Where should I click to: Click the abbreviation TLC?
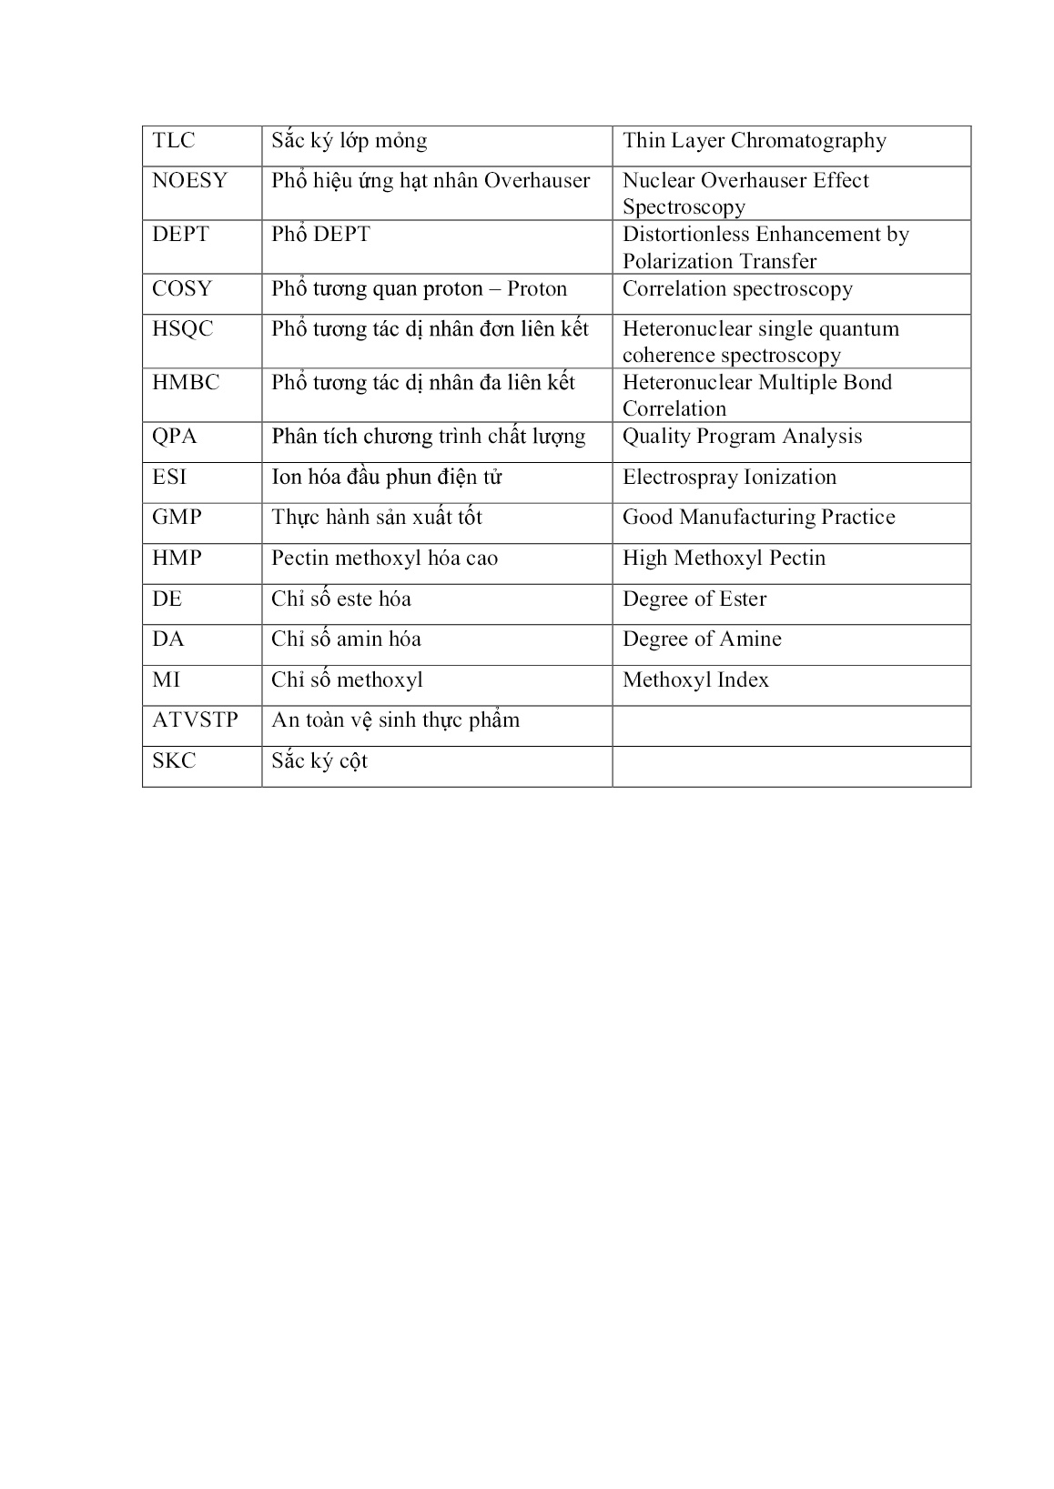pyautogui.click(x=174, y=141)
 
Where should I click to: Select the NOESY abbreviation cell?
pyautogui.click(x=189, y=181)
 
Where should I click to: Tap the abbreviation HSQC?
pyautogui.click(x=182, y=329)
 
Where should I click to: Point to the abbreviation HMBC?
pyautogui.click(x=186, y=383)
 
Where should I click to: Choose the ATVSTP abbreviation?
pyautogui.click(x=195, y=720)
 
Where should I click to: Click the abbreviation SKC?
pyautogui.click(x=174, y=761)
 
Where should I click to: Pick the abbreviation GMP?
pyautogui.click(x=177, y=518)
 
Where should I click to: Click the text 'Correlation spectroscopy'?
pyautogui.click(x=737, y=289)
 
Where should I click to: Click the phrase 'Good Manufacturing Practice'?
pyautogui.click(x=758, y=518)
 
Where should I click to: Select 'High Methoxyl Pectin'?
pyautogui.click(x=724, y=558)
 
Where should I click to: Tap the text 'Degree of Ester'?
pyautogui.click(x=694, y=599)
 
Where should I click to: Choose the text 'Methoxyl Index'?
pyautogui.click(x=695, y=680)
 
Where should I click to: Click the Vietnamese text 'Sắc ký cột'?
pyautogui.click(x=319, y=761)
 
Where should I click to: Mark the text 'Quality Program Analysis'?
pyautogui.click(x=742, y=437)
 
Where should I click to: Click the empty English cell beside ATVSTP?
pyautogui.click(x=791, y=726)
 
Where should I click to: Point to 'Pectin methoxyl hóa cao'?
pyautogui.click(x=384, y=558)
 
